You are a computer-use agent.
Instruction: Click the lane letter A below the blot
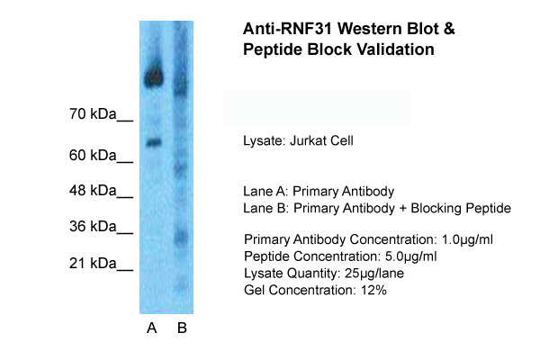[151, 328]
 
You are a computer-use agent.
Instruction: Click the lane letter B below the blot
[181, 328]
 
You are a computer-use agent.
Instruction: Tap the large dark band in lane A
[155, 77]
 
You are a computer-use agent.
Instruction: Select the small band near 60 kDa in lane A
[153, 141]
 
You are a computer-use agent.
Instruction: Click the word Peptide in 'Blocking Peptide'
[489, 209]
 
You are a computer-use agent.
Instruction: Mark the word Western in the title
[362, 30]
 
